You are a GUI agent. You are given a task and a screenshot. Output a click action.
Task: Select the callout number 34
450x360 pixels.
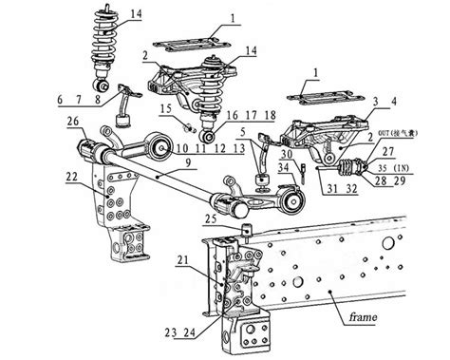tap(285, 168)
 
